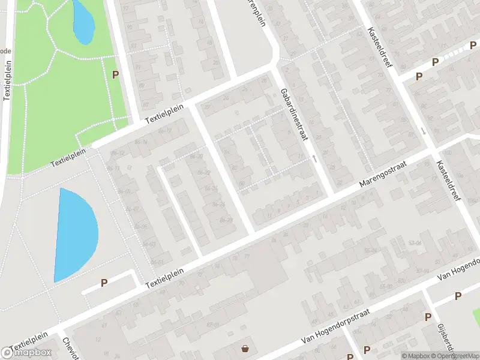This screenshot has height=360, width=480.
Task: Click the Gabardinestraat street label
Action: [x=293, y=115]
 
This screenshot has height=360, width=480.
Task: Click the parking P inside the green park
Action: [x=115, y=74]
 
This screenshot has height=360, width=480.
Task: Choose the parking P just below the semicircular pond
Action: [x=104, y=283]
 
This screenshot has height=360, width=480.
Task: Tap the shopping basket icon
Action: [x=245, y=349]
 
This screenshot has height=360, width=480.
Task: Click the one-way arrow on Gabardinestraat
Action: [x=314, y=159]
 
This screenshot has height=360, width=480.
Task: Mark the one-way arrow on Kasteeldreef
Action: [x=423, y=131]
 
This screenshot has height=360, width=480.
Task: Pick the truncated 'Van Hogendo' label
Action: [x=459, y=269]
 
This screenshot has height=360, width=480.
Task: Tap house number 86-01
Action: [x=157, y=262]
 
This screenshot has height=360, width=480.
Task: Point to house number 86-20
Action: [x=196, y=157]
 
